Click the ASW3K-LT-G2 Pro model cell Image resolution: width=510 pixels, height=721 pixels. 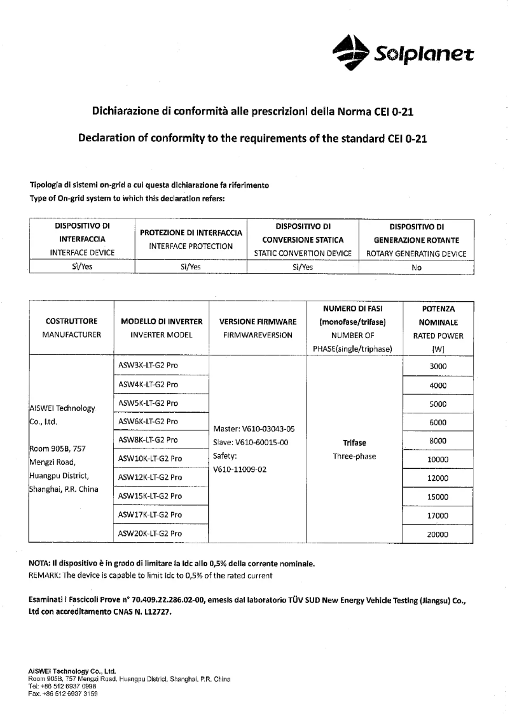tap(148, 366)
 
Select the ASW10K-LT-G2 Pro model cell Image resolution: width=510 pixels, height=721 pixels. tap(150, 458)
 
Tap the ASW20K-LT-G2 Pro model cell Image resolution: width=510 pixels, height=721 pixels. tap(150, 533)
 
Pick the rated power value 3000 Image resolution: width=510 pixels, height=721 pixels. tap(438, 366)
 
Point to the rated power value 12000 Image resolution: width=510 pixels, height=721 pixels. tap(438, 478)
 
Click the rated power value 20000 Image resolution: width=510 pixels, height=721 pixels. tap(438, 535)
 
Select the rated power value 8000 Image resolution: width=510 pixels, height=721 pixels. tap(438, 441)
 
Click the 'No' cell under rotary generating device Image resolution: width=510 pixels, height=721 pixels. tap(417, 268)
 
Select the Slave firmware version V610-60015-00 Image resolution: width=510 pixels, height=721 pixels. tap(251, 442)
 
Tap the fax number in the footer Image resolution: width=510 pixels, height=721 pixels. tap(63, 694)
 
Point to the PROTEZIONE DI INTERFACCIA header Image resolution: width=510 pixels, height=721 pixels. tap(191, 233)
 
